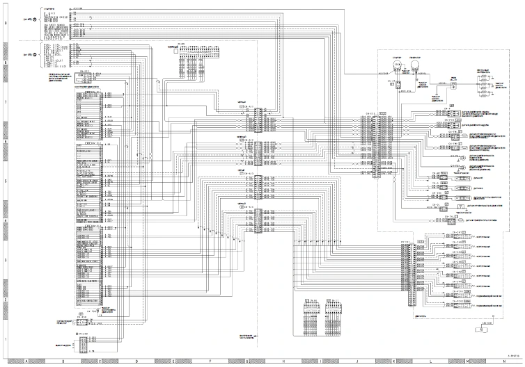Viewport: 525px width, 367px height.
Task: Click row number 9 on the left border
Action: pos(5,24)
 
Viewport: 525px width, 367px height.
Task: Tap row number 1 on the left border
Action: pos(5,339)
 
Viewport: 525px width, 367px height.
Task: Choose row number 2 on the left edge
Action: pos(5,300)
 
